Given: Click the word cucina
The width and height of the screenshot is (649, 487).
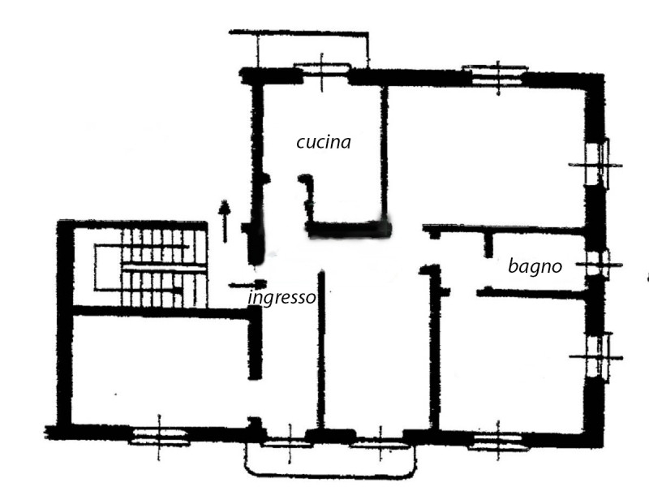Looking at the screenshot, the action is click(x=324, y=142).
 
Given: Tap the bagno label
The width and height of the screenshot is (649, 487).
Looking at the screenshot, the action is click(x=535, y=266).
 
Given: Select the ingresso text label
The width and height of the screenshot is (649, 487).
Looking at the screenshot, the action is click(x=282, y=297).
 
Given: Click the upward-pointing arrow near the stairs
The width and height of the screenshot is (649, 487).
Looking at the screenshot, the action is click(x=225, y=221).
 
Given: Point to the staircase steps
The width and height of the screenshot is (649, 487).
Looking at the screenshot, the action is click(x=165, y=268).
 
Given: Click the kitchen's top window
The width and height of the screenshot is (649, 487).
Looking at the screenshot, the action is click(x=322, y=71).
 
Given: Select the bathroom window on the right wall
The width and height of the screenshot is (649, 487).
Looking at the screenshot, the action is click(x=599, y=265).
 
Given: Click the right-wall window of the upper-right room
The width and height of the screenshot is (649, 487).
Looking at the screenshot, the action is click(x=597, y=165).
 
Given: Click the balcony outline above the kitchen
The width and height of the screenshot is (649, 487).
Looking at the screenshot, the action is click(x=299, y=32).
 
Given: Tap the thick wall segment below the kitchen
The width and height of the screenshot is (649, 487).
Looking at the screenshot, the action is click(x=349, y=229).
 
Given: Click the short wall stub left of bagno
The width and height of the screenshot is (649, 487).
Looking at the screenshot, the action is click(x=488, y=245).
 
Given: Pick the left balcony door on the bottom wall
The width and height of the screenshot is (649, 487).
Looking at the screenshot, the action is click(x=290, y=443).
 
